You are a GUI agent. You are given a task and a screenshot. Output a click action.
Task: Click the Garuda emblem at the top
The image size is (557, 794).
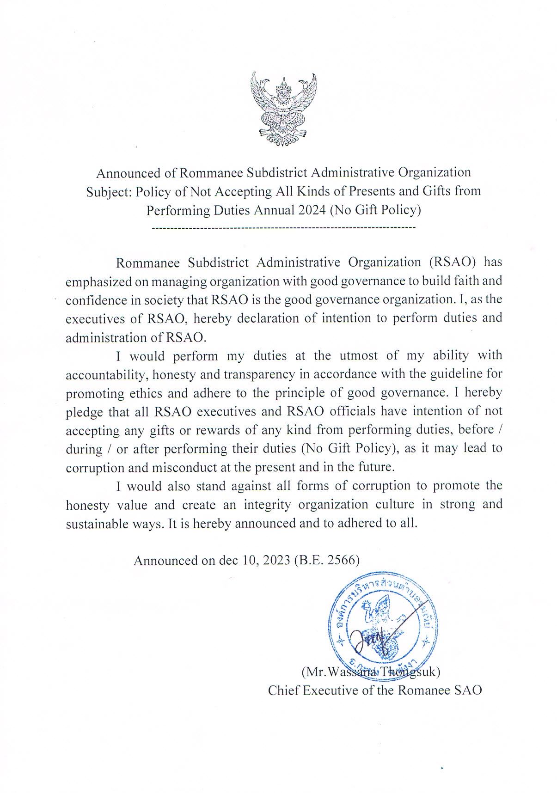283,109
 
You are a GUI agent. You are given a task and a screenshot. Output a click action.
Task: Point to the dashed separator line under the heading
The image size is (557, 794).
283,228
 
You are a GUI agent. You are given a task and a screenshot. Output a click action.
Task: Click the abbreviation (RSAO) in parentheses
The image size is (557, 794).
453,262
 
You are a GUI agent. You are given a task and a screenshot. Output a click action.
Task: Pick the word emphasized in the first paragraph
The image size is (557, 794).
98,281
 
